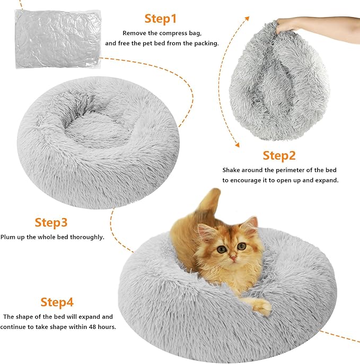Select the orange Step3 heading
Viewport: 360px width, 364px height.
pyautogui.click(x=51, y=222)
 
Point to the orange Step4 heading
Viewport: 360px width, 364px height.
pyautogui.click(x=57, y=302)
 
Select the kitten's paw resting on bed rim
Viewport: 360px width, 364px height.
pyautogui.click(x=259, y=306)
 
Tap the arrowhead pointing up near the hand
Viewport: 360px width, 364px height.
pyautogui.click(x=247, y=18)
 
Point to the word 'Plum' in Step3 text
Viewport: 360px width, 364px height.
pyautogui.click(x=7, y=237)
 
